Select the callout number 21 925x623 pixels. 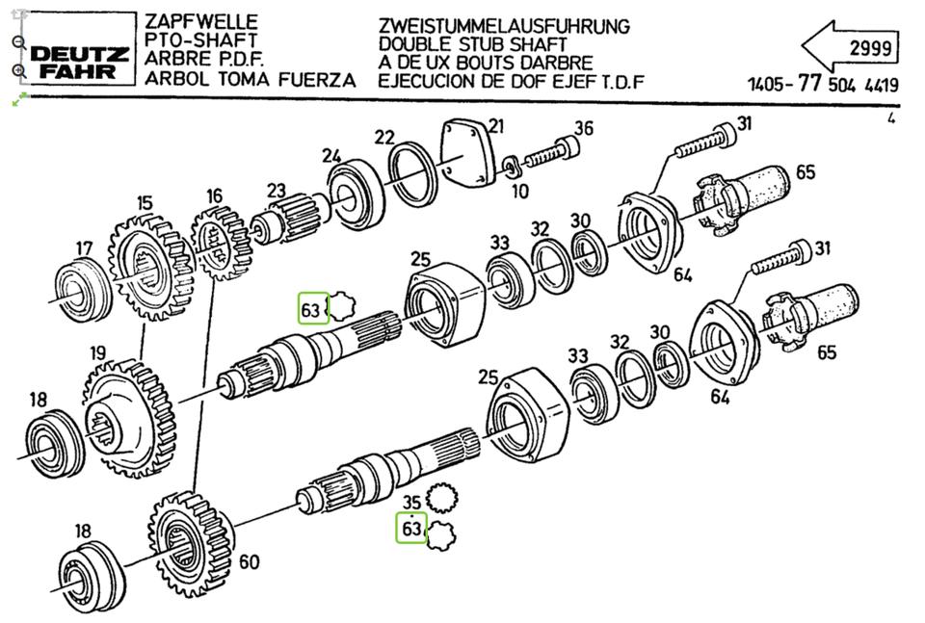click(x=495, y=125)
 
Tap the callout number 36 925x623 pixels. click(x=584, y=129)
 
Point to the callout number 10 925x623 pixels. click(x=519, y=192)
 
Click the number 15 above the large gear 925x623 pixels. click(x=145, y=203)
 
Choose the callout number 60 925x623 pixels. click(x=249, y=561)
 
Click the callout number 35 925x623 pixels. click(x=411, y=502)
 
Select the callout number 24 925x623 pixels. click(x=331, y=155)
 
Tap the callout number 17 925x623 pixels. click(x=85, y=247)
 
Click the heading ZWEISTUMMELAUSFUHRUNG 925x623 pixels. click(x=504, y=26)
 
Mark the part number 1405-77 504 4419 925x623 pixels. click(x=822, y=84)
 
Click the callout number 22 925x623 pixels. click(x=384, y=137)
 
